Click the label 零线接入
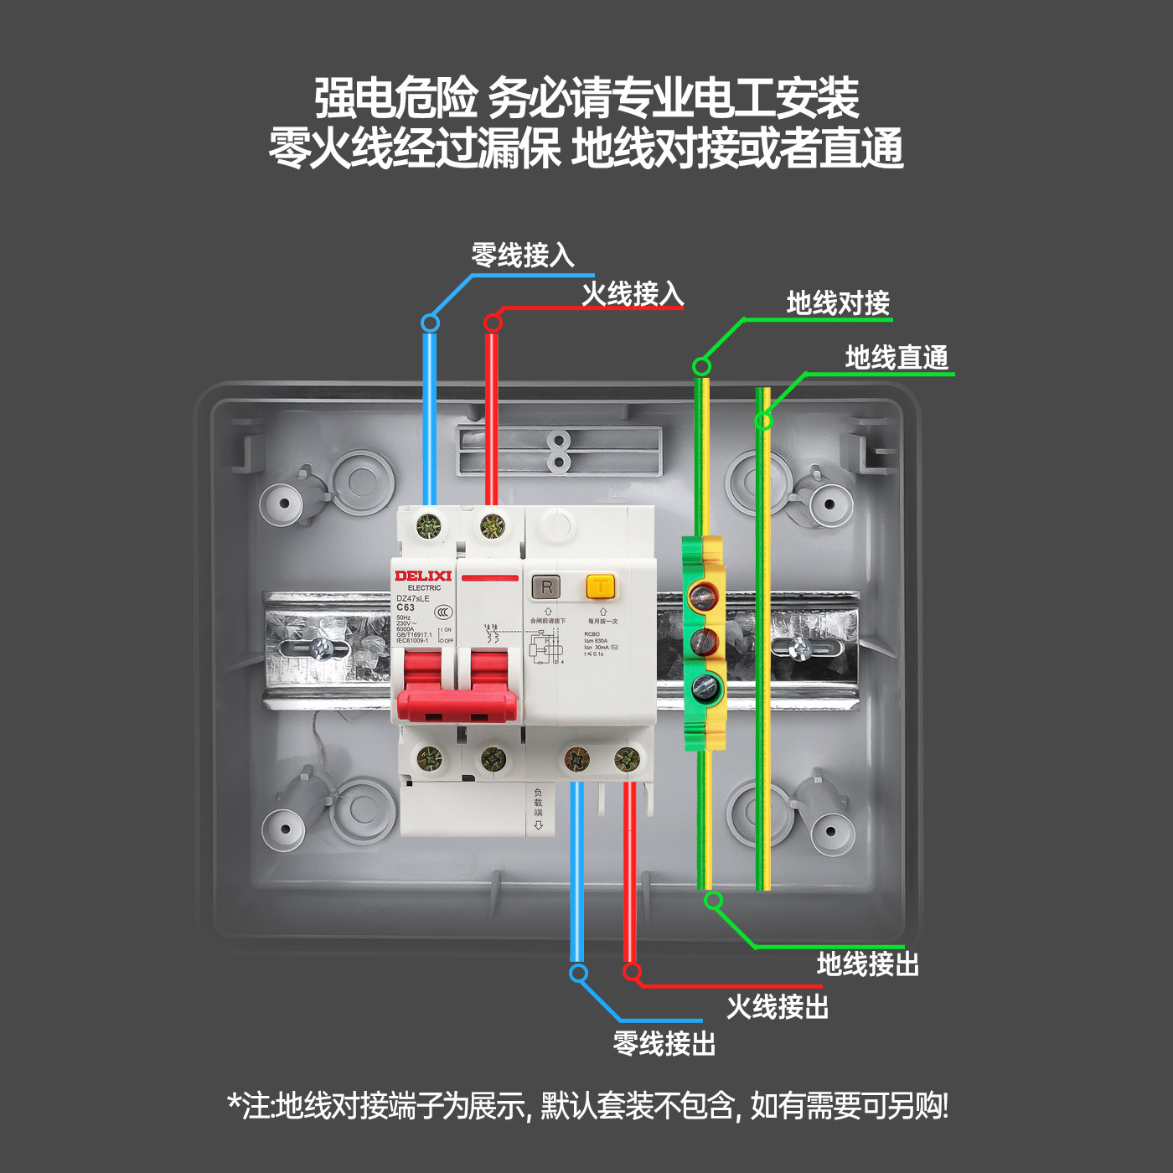click(522, 255)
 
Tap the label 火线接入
click(633, 294)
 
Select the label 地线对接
click(837, 303)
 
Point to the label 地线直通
click(897, 358)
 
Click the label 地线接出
click(868, 964)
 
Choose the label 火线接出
click(777, 1006)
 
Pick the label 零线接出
click(664, 1044)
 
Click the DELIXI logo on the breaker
click(423, 576)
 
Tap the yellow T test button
click(600, 586)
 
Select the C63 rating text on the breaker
click(406, 607)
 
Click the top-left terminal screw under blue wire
click(428, 527)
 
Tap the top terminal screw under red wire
click(493, 527)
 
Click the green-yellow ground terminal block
click(703, 642)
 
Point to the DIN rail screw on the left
click(321, 648)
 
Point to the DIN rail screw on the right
click(800, 648)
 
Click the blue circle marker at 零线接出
click(578, 973)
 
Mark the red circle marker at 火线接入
click(493, 323)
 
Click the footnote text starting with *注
click(586, 1106)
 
